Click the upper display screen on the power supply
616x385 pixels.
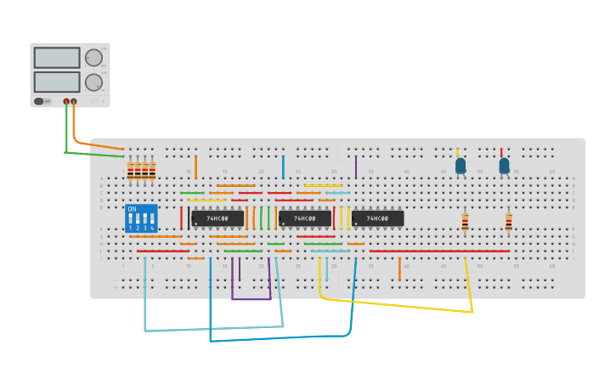click(x=57, y=58)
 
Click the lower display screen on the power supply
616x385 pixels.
click(x=57, y=82)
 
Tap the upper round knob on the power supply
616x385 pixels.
click(x=93, y=58)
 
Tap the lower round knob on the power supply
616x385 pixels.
click(x=93, y=82)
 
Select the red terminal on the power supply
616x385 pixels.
click(x=66, y=101)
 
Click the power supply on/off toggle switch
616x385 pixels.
click(x=39, y=101)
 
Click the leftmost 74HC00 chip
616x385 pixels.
click(x=218, y=218)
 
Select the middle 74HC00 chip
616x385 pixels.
click(x=305, y=218)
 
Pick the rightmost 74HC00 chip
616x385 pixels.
click(x=378, y=218)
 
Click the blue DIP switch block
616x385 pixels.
click(x=141, y=218)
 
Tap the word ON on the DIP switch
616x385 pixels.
click(x=132, y=209)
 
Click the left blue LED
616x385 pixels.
click(x=461, y=166)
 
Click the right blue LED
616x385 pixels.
click(x=504, y=166)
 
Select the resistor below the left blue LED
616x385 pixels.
click(x=465, y=222)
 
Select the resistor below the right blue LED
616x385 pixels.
click(x=508, y=222)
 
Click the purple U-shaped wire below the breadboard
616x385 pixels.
click(x=251, y=298)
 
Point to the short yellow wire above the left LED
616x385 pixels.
click(x=457, y=151)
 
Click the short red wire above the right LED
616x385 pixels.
click(x=501, y=152)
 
